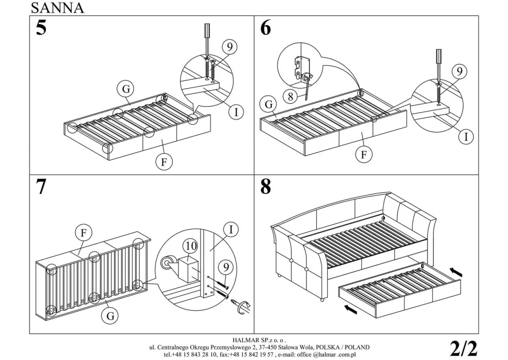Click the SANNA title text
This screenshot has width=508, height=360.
pos(57,7)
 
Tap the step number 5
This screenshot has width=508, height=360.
pos(41,28)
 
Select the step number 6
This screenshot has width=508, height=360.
pos(266,28)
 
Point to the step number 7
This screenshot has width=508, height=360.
pos(41,188)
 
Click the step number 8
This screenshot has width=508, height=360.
pos(266,188)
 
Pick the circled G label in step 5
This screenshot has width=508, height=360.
pos(126,90)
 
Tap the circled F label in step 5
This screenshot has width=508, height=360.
pos(163,162)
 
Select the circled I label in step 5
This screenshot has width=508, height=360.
pos(236,111)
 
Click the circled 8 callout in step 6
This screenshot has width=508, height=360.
pos(290,96)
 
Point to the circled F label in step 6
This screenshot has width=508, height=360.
pos(363,155)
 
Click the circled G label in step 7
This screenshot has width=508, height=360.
pos(111,315)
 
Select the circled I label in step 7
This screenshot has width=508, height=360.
pos(230,229)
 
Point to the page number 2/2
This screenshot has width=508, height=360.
pos(463,348)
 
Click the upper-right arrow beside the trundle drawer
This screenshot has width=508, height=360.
pos(456,272)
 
